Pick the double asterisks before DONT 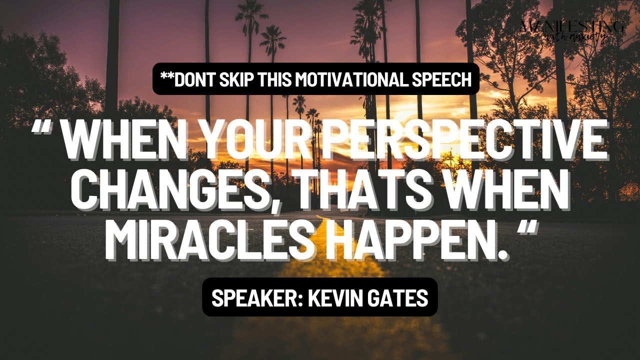166,77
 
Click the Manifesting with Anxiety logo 572,31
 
